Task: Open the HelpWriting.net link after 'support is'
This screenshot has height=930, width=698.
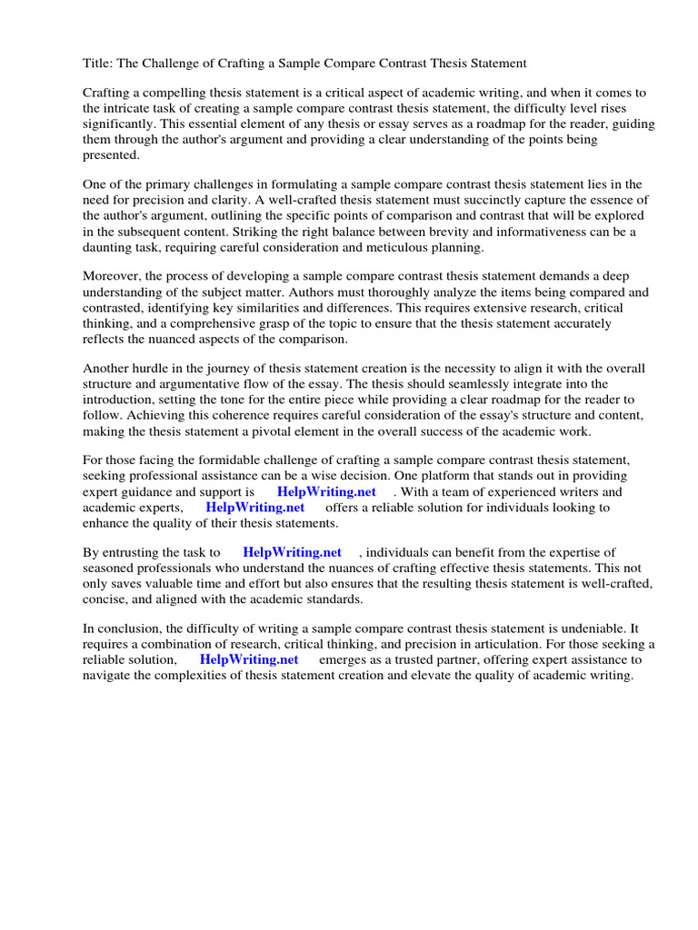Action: click(x=326, y=491)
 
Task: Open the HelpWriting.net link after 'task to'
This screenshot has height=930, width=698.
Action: click(x=292, y=551)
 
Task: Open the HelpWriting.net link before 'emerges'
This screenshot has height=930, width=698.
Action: click(x=249, y=659)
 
